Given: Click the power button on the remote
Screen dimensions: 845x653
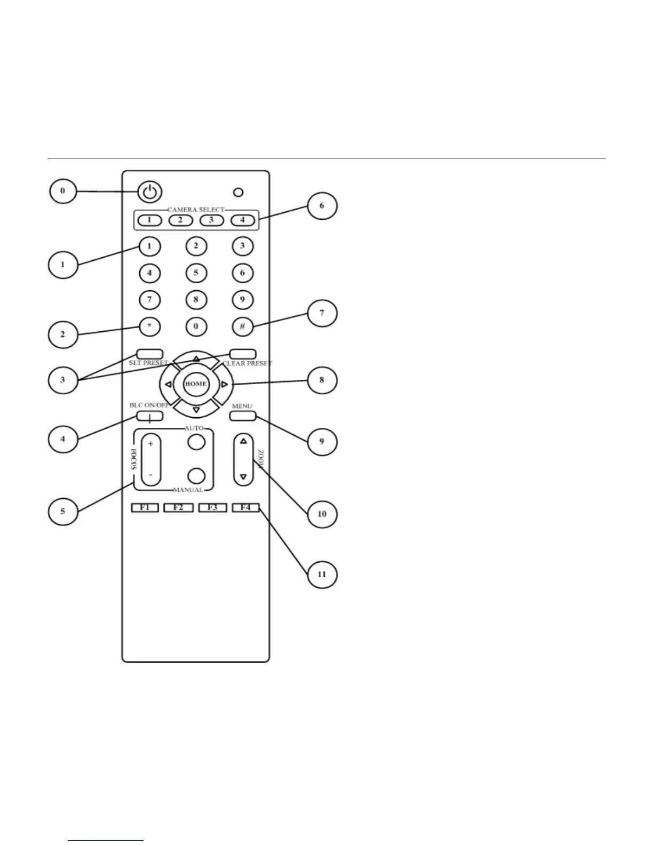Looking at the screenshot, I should tap(150, 192).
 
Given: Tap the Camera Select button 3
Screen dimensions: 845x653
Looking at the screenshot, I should tap(212, 219).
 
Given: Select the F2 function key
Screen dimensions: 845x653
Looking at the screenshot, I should tap(178, 507).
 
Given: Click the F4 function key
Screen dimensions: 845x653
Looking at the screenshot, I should tap(245, 507).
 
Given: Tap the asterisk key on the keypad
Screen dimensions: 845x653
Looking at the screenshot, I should tap(149, 326).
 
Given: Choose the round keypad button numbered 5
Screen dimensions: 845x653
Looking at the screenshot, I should tap(196, 273).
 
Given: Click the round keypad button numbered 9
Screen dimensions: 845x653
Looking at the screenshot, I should tap(242, 300).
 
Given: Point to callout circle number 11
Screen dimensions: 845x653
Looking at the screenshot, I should tap(322, 574).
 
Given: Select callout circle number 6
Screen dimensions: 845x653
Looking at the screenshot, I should tap(322, 206).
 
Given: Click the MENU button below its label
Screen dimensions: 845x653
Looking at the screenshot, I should tap(243, 416).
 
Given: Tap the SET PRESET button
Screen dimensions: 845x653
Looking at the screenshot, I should tap(149, 354).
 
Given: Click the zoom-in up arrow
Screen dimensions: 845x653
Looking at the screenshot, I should tap(244, 441).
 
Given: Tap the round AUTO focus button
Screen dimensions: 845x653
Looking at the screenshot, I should tap(197, 442).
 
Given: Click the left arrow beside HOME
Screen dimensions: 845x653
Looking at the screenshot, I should tap(168, 384).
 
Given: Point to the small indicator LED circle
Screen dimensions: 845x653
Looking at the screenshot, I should tap(238, 192).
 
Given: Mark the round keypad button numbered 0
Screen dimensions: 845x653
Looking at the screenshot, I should tap(196, 326).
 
